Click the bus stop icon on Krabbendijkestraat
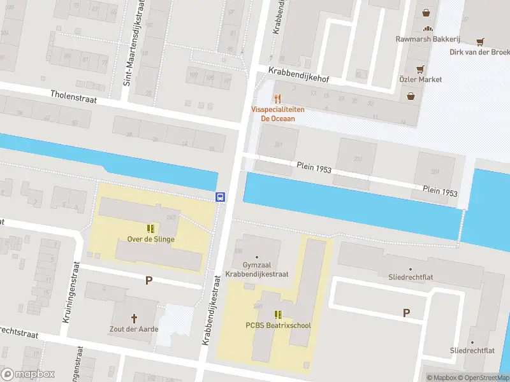[x=221, y=197]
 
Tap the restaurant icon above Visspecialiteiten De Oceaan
[x=277, y=99]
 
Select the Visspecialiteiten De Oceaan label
[x=277, y=114]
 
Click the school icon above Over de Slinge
[x=150, y=228]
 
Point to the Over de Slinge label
[x=150, y=239]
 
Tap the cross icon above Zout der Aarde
[x=135, y=318]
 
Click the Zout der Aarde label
[x=135, y=329]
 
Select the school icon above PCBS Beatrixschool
[x=278, y=314]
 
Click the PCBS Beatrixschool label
[x=278, y=325]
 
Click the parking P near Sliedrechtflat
[x=406, y=313]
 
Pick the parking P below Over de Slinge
[x=149, y=280]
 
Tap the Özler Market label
[x=420, y=80]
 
